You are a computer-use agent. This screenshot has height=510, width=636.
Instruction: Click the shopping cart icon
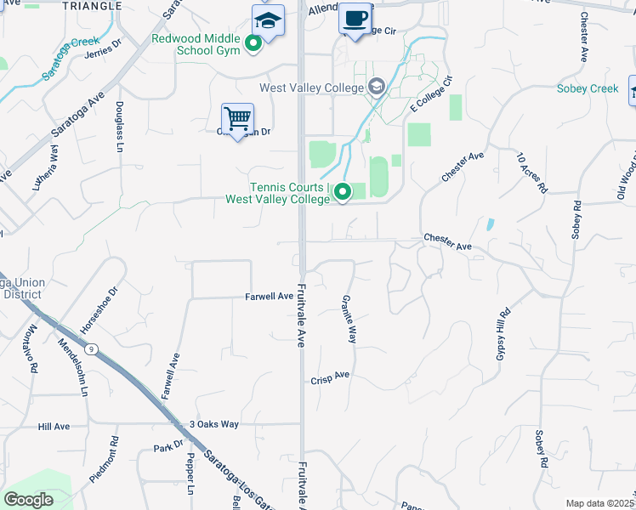237,118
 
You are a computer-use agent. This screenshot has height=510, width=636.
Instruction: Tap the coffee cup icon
355,18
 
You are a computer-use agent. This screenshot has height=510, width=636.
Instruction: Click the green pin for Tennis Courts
343,193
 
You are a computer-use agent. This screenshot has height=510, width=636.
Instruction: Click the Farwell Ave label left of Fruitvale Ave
269,297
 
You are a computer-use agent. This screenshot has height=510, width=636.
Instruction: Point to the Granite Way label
348,319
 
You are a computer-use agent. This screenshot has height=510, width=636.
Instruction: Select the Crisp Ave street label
330,376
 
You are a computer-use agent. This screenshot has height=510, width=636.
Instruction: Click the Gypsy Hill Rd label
501,332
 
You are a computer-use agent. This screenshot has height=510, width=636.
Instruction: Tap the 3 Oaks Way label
213,424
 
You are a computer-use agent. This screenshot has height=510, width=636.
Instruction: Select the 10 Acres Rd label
532,173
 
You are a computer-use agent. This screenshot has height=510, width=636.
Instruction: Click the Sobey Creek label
588,88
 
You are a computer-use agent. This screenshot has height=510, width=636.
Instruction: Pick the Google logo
28,500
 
